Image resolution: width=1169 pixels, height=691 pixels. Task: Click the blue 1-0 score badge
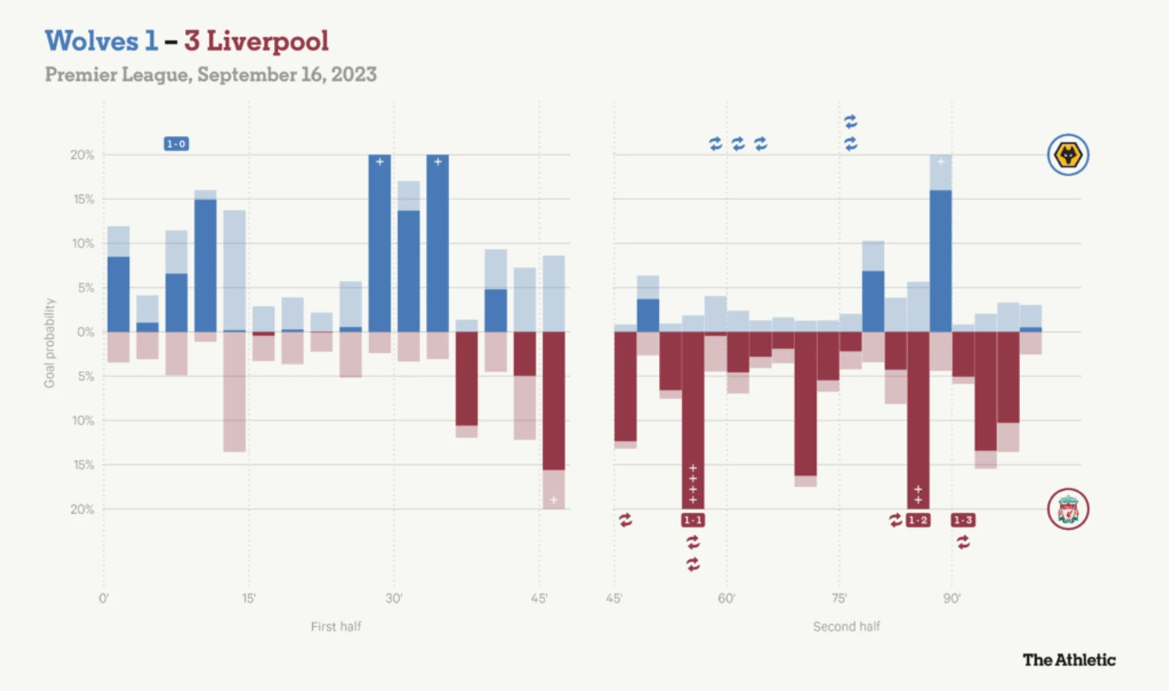(x=176, y=144)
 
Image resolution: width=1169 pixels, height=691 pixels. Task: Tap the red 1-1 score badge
(x=693, y=520)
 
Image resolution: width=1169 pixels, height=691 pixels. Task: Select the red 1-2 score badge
(x=918, y=520)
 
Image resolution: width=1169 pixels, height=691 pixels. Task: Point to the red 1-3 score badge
(x=962, y=520)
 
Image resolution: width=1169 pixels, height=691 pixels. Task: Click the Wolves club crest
(x=1068, y=155)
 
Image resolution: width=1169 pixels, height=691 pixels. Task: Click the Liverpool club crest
(x=1068, y=509)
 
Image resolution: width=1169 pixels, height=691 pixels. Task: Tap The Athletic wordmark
(x=1069, y=660)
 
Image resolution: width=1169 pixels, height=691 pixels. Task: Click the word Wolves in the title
(x=91, y=41)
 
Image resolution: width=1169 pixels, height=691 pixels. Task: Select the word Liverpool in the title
(x=267, y=41)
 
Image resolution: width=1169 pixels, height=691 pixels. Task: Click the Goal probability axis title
(x=50, y=343)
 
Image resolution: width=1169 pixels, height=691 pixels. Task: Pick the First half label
(x=335, y=626)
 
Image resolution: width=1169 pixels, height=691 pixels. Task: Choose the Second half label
(x=846, y=626)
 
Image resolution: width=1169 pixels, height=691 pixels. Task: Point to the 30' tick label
(x=394, y=598)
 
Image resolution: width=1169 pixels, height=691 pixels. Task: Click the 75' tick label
(x=839, y=598)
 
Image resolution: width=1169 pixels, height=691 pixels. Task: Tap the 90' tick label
(x=952, y=598)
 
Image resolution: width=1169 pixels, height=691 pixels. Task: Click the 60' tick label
(x=727, y=598)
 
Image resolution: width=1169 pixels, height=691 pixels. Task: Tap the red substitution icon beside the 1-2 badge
(x=895, y=520)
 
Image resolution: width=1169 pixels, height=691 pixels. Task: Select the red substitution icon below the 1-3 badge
(x=963, y=543)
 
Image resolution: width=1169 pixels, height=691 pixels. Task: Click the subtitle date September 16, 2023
(x=287, y=74)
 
